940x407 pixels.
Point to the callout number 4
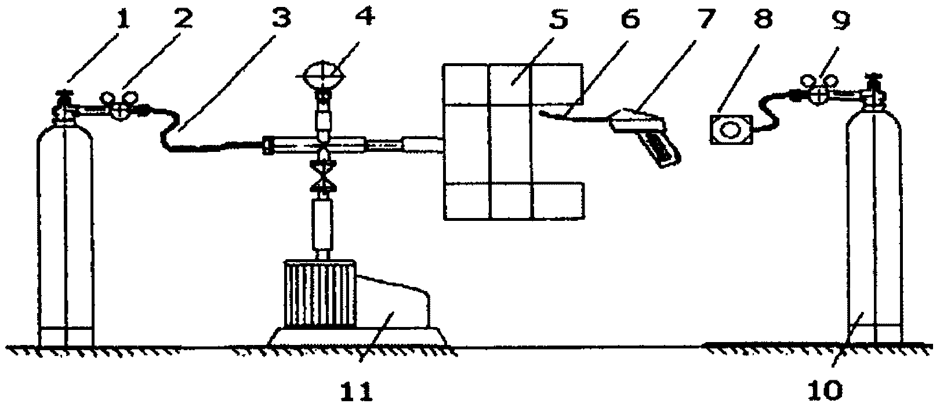[364, 16]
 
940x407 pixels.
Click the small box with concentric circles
[731, 130]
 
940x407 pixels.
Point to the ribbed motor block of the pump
[320, 294]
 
